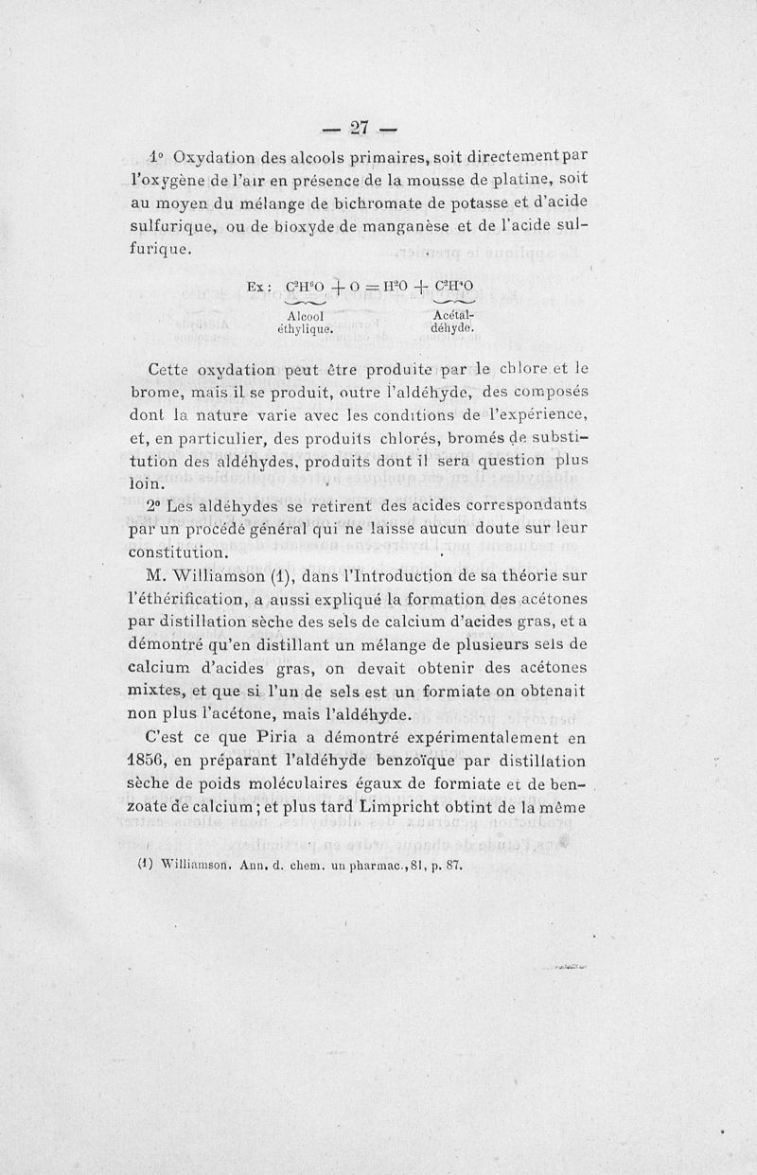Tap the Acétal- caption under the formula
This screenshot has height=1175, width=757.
tap(450, 315)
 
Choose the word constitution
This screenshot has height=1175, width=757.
tap(186, 551)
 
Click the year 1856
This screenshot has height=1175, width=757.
tap(151, 761)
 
